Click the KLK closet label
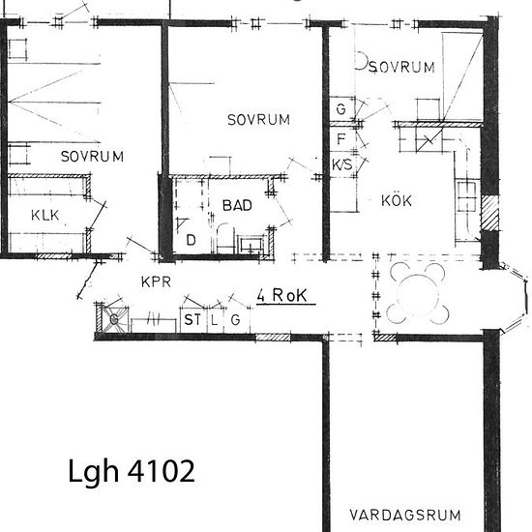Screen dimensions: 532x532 [45, 215]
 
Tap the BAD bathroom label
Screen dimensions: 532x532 [237, 205]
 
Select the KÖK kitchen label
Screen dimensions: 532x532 [397, 201]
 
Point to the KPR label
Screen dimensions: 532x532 [156, 282]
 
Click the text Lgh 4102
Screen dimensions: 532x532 [133, 471]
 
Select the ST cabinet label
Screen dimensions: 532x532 [191, 319]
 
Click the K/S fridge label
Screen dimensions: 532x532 [342, 164]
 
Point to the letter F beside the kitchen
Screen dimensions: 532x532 [341, 138]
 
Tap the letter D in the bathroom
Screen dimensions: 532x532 [191, 239]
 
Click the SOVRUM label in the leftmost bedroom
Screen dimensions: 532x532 [92, 156]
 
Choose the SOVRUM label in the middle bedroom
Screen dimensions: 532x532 [258, 120]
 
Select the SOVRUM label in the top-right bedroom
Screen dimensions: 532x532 [400, 67]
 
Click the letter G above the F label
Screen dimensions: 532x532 [340, 109]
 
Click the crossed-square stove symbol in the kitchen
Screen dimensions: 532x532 [427, 142]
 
